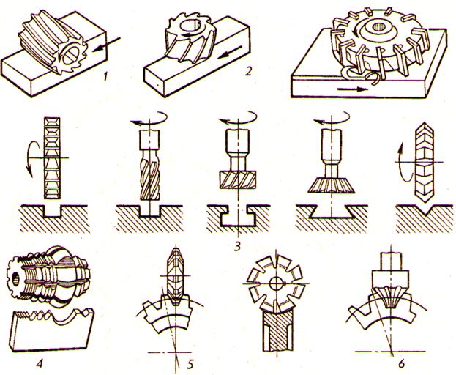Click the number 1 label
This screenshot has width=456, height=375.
tap(105, 76)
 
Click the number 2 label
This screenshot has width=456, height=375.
tap(248, 71)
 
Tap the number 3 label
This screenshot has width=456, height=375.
tap(238, 246)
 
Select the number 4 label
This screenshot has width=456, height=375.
tap(40, 363)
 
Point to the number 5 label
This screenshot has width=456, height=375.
tap(190, 364)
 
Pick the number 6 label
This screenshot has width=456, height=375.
tap(401, 364)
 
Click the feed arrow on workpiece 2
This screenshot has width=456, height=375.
tap(230, 53)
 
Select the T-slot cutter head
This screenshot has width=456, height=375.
tap(238, 179)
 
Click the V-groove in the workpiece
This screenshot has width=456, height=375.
tap(425, 210)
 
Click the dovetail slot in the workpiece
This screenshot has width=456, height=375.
tap(332, 212)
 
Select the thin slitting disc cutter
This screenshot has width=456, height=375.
tap(53, 158)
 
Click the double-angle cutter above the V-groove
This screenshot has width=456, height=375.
tap(425, 162)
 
